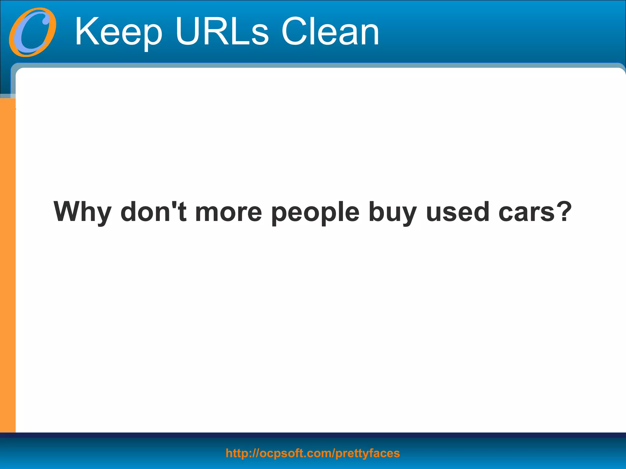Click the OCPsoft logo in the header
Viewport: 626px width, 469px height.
point(32,32)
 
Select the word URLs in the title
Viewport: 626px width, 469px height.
point(222,32)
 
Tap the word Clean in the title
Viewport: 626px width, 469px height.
point(330,32)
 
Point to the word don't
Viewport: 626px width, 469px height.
point(153,212)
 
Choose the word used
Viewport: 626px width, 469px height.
point(458,212)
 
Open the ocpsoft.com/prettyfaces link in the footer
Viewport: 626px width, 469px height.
point(313,453)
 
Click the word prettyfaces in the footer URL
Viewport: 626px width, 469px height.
point(367,453)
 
